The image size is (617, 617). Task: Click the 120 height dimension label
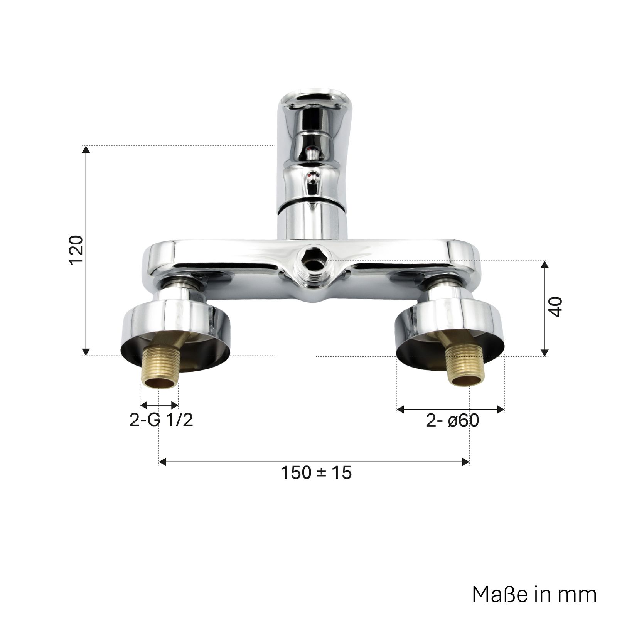click(x=77, y=250)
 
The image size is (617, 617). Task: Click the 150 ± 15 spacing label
click(x=316, y=472)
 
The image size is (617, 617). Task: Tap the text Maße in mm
click(x=534, y=595)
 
